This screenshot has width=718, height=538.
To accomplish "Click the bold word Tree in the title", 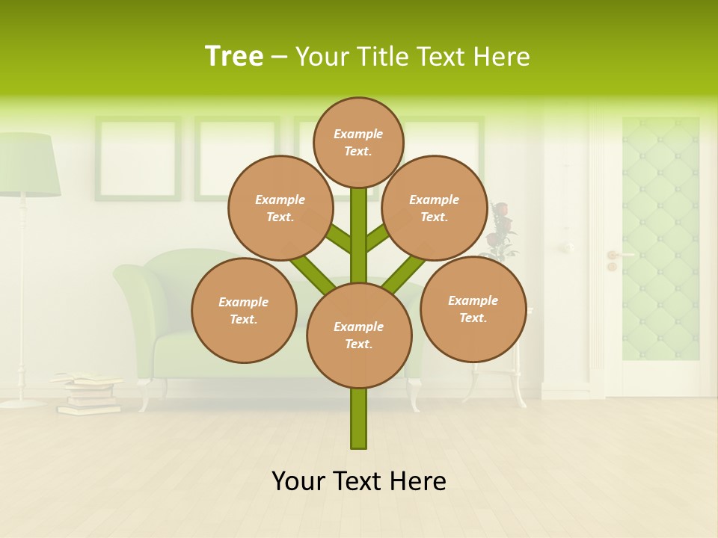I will click(x=234, y=56).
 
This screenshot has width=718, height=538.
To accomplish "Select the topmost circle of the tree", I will click(x=358, y=142).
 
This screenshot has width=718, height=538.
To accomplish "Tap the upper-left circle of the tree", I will click(x=280, y=208).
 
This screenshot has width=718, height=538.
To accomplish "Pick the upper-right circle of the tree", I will click(x=435, y=208).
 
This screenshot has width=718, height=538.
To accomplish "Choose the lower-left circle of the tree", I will click(x=244, y=310).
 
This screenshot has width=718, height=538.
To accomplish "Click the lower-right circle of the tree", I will click(x=473, y=309).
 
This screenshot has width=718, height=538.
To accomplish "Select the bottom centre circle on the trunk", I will click(x=359, y=336).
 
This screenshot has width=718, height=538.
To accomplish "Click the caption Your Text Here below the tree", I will click(x=359, y=481).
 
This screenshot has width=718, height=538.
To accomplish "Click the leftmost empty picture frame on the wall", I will click(x=138, y=158).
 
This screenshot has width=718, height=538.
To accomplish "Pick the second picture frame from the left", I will click(x=236, y=158).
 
